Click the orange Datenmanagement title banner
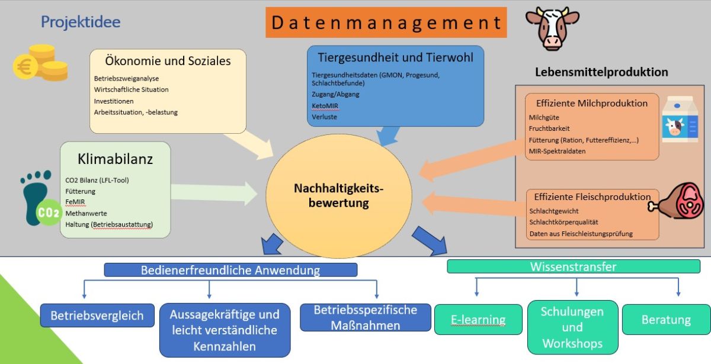pos(386,22)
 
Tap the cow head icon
pos(552,28)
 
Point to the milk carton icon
pos(679,120)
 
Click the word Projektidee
pos(81,22)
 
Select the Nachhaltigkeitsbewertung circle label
pos(339,195)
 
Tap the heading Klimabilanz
pos(115,159)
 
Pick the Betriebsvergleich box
pos(97,315)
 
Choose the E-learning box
pos(478,320)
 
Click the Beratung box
pos(666,320)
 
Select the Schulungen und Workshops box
pos(572,327)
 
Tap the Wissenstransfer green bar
pos(573,267)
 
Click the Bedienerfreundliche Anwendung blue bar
pos(230,270)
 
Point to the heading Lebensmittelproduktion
pos(601,72)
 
